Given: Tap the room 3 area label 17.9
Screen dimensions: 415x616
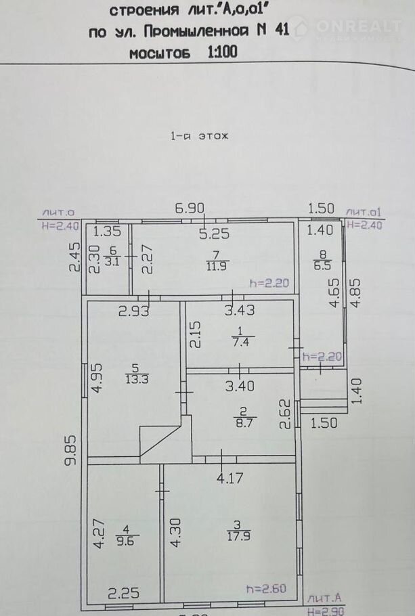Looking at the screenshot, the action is (x=238, y=536).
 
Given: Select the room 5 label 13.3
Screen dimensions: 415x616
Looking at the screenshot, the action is (x=137, y=380).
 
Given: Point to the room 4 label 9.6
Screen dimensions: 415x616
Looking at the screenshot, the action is (x=125, y=541).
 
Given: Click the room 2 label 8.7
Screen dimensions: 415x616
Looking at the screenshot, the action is (x=244, y=422).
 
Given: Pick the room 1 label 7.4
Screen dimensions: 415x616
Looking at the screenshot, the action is (x=240, y=342).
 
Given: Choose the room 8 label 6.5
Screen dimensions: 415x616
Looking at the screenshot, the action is (x=323, y=265).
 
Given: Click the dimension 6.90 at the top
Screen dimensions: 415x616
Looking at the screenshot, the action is (x=190, y=208).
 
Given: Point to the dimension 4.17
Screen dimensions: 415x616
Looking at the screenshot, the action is (x=230, y=478).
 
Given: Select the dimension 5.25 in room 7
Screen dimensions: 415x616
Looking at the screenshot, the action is (x=214, y=234).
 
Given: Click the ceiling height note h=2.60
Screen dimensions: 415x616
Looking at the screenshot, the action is (x=266, y=588).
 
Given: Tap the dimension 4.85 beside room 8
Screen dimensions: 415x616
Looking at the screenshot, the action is (x=355, y=293).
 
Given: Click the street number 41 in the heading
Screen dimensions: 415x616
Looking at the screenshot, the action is (x=282, y=30).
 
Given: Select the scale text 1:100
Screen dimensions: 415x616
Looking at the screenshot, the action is (x=223, y=51).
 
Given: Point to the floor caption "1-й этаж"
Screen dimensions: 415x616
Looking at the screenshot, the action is (x=199, y=136).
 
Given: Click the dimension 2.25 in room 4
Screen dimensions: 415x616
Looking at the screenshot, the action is (x=123, y=593).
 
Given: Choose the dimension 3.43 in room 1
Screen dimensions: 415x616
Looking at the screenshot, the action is (x=240, y=310).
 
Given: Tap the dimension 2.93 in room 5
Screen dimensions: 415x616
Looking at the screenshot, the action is (x=134, y=311).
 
